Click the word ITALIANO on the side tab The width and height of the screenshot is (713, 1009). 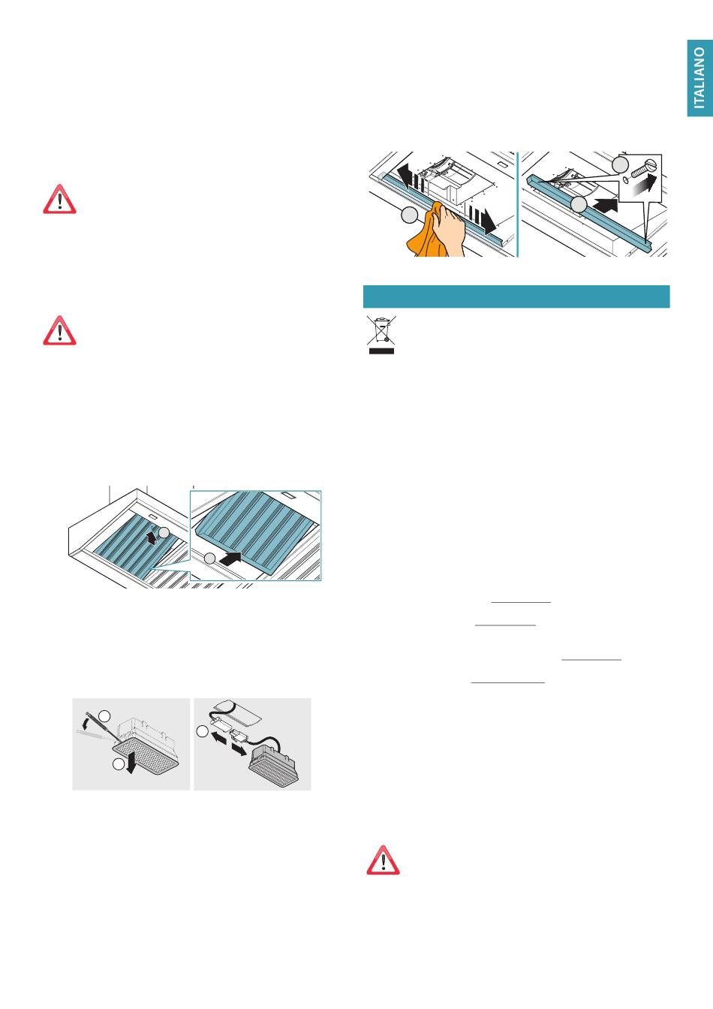click(x=699, y=78)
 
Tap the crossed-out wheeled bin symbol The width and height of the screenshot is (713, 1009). click(x=381, y=330)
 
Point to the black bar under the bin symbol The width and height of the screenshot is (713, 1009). click(x=381, y=351)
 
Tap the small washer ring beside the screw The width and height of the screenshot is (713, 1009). click(x=625, y=180)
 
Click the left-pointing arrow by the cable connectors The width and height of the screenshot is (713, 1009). click(x=219, y=738)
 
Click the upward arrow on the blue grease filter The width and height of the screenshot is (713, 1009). click(x=152, y=536)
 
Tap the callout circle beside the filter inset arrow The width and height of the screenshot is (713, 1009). click(x=210, y=558)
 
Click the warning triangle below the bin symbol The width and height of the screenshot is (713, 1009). click(x=383, y=860)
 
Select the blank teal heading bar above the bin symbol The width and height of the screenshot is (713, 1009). click(x=516, y=297)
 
